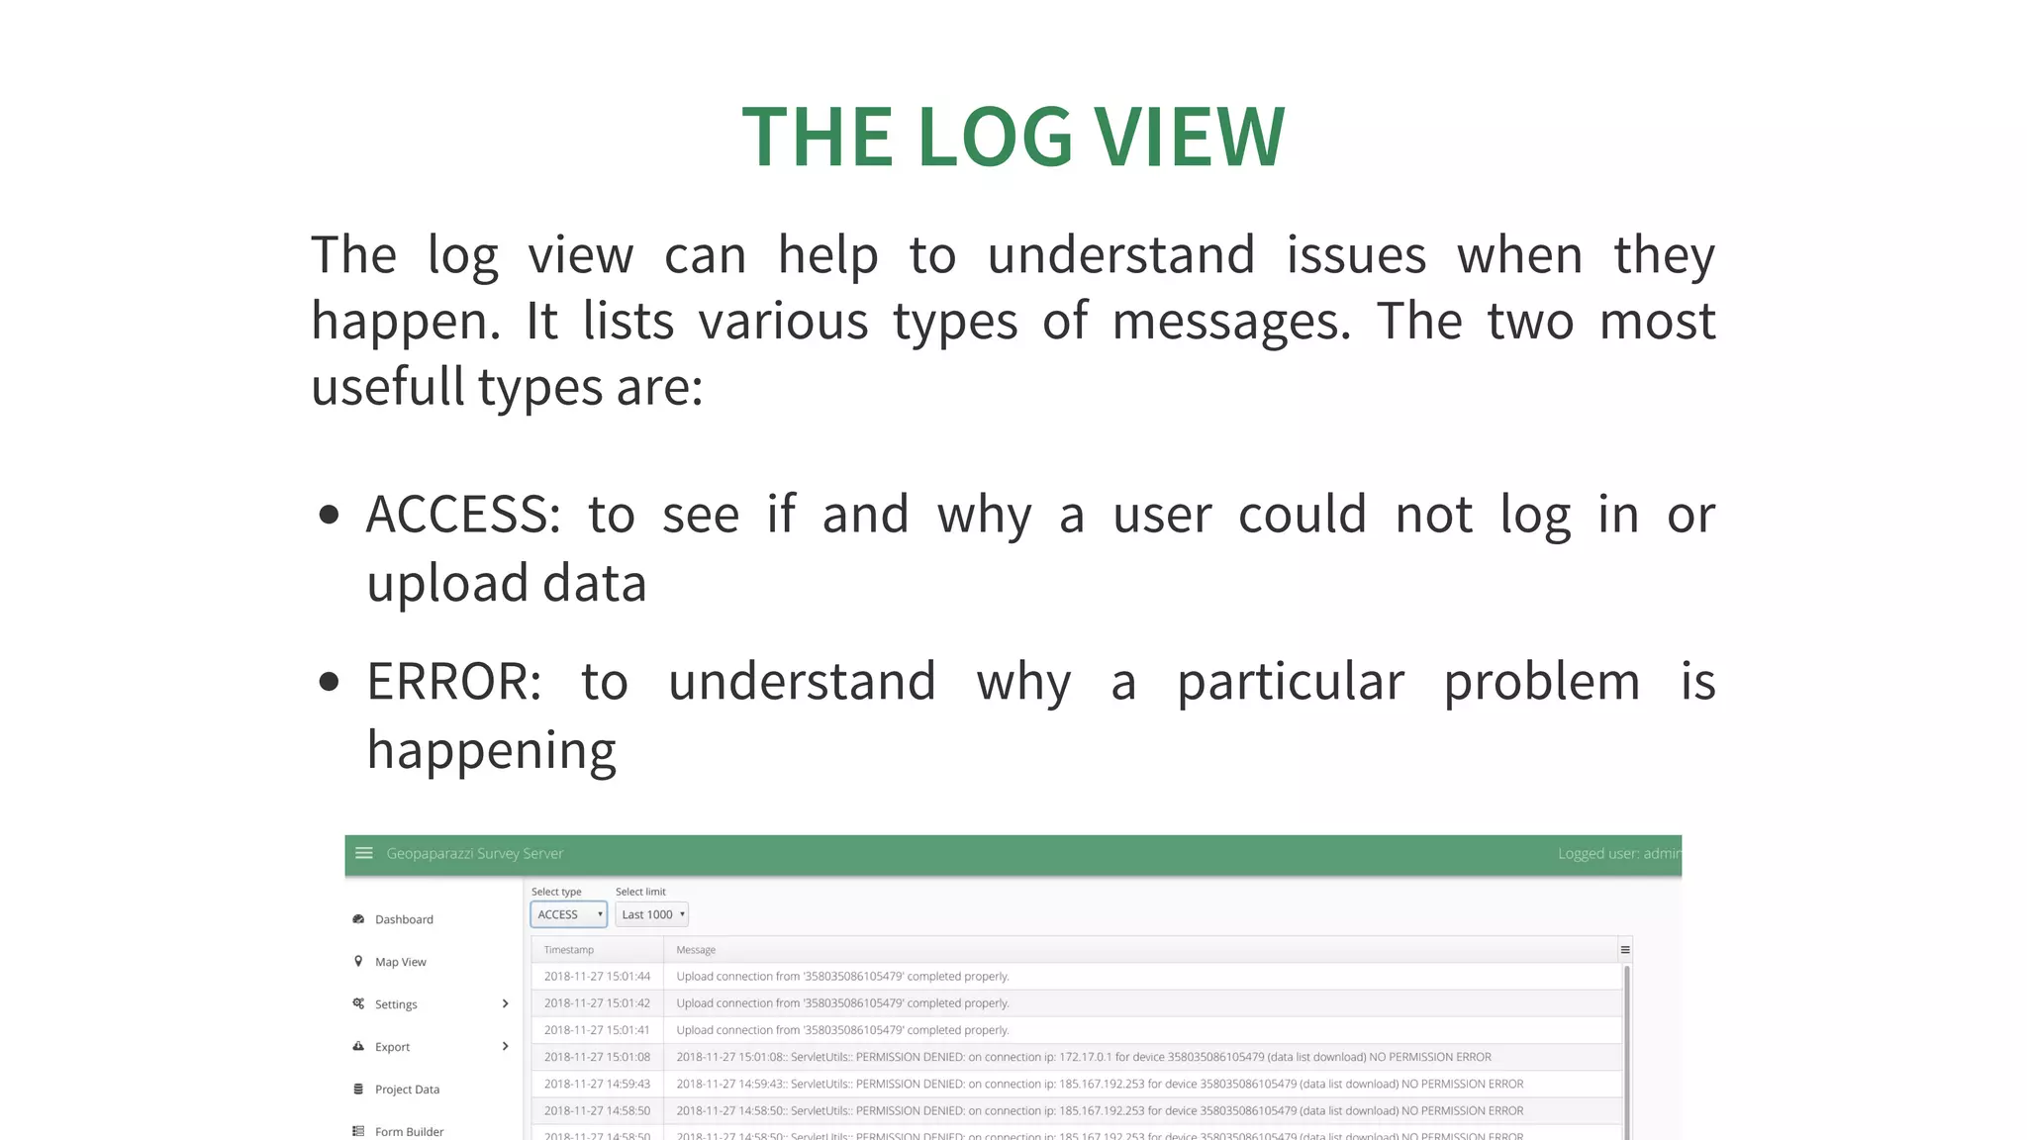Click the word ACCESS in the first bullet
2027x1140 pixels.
(x=462, y=516)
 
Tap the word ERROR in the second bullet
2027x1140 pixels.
(x=453, y=683)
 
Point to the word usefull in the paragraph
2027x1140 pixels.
(x=387, y=387)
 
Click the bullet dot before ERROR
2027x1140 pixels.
(x=330, y=682)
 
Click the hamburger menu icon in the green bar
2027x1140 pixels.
(x=364, y=853)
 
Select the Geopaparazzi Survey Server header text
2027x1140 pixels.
(x=474, y=853)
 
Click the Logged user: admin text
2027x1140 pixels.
(x=1617, y=853)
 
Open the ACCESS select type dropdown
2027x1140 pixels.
(x=569, y=914)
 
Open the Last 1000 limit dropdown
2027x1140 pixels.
(x=651, y=914)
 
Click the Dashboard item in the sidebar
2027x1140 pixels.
(x=404, y=919)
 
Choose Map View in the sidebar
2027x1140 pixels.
(x=400, y=962)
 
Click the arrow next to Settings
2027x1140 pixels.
(x=505, y=1003)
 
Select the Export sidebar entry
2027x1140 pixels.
(x=392, y=1047)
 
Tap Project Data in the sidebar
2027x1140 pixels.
(x=407, y=1090)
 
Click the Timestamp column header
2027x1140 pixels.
(x=569, y=950)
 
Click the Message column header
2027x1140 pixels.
(x=696, y=950)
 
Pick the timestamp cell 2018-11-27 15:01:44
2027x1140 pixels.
(x=597, y=977)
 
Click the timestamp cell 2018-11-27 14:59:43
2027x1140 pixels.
(x=597, y=1085)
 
